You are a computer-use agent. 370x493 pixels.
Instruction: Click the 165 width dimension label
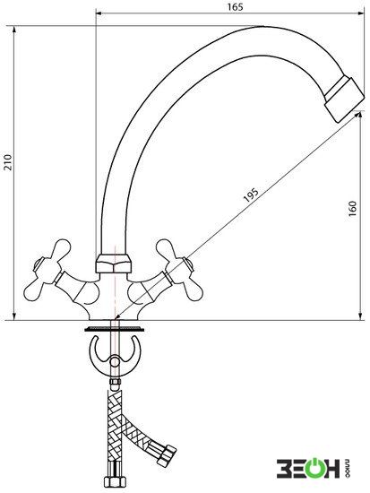tap(235, 6)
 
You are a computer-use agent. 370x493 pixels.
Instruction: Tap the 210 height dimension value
tap(8, 162)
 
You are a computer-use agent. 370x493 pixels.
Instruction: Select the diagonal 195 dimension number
tap(251, 195)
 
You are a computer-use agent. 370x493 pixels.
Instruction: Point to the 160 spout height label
tap(353, 208)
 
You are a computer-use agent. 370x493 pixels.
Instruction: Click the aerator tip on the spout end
tap(345, 99)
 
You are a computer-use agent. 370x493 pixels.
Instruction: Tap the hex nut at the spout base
tap(114, 264)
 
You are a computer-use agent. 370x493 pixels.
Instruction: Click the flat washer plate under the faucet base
tap(115, 330)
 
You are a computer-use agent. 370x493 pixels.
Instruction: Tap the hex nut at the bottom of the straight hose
tap(116, 480)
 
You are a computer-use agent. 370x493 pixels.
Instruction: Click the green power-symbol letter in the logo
tap(311, 470)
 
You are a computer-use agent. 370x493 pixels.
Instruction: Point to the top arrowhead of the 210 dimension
tap(14, 30)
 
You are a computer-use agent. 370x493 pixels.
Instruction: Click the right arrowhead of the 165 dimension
tap(360, 13)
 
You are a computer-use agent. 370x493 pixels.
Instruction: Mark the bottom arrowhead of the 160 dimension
tap(360, 316)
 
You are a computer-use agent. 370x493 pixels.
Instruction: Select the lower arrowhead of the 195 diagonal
tap(116, 317)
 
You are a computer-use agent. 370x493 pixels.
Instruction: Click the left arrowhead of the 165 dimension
tap(99, 13)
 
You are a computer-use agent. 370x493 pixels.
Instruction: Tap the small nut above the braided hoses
tap(115, 384)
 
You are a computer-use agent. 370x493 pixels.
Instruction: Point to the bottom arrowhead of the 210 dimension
tap(14, 316)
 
